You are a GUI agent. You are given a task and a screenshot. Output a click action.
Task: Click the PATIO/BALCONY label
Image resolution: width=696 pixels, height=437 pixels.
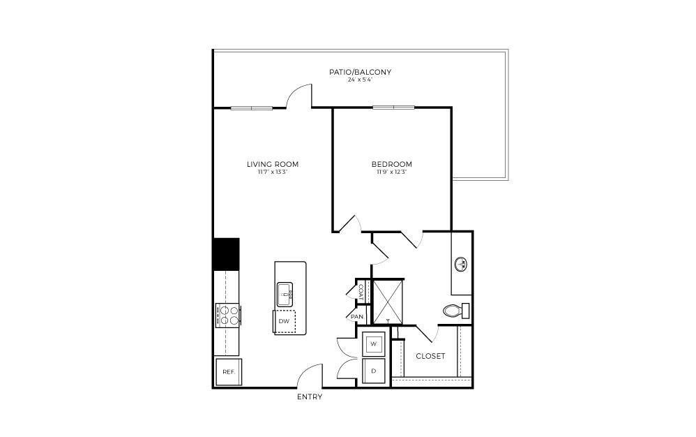click(360, 72)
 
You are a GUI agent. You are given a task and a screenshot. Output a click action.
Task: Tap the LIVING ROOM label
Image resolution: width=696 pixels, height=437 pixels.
click(272, 165)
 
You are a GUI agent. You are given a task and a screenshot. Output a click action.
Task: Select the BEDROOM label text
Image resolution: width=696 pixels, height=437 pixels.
click(391, 165)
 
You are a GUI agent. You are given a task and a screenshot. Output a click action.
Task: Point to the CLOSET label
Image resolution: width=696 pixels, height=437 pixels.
click(430, 356)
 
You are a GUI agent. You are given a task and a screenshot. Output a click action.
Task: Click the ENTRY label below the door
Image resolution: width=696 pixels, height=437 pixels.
click(310, 397)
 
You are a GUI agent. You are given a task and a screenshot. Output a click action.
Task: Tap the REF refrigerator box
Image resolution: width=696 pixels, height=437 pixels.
click(228, 372)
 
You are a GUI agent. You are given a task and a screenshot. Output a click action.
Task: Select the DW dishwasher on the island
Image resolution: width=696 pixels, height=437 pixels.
click(285, 321)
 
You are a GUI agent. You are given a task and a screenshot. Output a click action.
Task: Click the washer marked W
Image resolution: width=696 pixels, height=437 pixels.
click(374, 344)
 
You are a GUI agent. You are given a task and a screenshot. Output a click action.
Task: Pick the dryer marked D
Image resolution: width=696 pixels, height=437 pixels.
click(374, 371)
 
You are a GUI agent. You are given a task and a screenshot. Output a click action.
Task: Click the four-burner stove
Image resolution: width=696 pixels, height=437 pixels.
click(228, 316)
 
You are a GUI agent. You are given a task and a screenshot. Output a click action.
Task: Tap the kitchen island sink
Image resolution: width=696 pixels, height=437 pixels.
click(285, 293)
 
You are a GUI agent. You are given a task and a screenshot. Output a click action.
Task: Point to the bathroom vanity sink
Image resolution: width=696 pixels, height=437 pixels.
click(461, 264)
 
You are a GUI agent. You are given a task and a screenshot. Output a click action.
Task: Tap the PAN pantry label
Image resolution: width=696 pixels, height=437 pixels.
click(357, 317)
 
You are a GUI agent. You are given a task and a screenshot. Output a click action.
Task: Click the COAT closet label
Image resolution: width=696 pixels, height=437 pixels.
click(361, 292)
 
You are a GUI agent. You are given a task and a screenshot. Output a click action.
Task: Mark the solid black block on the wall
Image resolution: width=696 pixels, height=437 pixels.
click(226, 254)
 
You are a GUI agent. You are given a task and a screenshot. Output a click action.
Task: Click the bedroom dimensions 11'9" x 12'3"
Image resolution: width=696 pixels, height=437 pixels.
click(391, 172)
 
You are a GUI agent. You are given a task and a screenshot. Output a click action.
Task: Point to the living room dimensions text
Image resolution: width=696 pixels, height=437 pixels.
click(272, 172)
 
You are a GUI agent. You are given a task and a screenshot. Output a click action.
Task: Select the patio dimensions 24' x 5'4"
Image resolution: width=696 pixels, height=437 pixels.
click(360, 80)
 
